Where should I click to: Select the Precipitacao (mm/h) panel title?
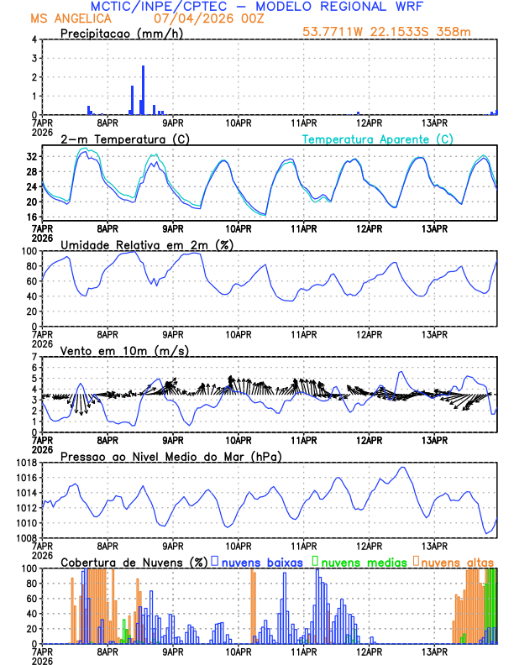coord(117,33)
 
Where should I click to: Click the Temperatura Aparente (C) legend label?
coord(378,139)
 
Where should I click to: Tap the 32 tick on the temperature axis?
coord(29,157)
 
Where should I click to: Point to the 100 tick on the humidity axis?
coord(26,251)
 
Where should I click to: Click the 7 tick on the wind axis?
coord(33,357)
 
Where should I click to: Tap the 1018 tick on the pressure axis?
coord(23,463)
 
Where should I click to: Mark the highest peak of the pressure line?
coord(403,468)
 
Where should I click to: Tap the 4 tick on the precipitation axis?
coord(33,39)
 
